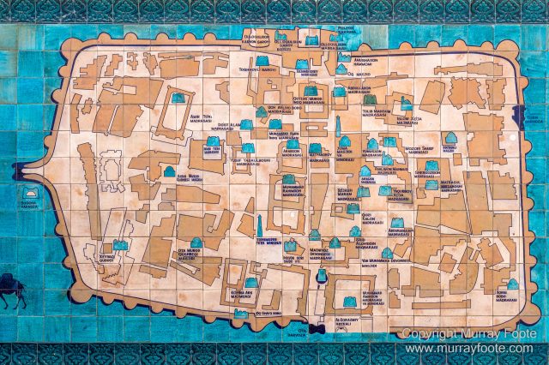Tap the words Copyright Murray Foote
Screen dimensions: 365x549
[x=468, y=333]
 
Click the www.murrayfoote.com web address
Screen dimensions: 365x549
[x=468, y=349]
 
